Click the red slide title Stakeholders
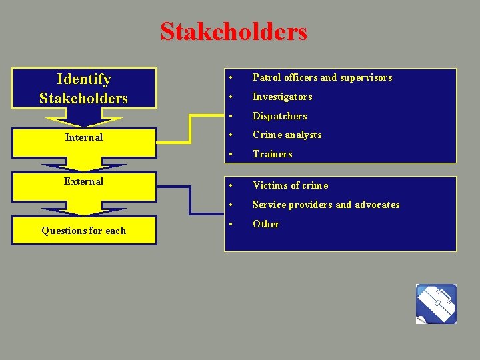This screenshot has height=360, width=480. (233, 31)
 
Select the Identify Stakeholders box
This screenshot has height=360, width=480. (83, 89)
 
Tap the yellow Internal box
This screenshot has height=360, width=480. (83, 137)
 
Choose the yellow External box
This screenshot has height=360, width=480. (83, 181)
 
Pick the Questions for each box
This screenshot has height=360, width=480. (83, 231)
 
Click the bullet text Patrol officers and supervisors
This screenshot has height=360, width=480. (322, 77)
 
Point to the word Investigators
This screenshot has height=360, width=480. (282, 97)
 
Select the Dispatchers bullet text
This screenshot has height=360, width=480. (279, 116)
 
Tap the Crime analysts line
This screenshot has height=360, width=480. (287, 135)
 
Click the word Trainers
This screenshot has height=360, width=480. (272, 154)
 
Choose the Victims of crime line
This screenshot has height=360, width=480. (290, 185)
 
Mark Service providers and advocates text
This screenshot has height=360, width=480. (326, 205)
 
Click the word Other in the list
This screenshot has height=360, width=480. (266, 224)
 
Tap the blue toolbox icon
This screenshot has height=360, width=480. (436, 304)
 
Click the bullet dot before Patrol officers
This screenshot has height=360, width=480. (229, 78)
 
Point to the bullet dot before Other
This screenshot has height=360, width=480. (229, 225)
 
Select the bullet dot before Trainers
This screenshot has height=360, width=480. (229, 155)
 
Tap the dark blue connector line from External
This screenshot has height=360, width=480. (190, 200)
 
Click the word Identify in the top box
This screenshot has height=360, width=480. (84, 79)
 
